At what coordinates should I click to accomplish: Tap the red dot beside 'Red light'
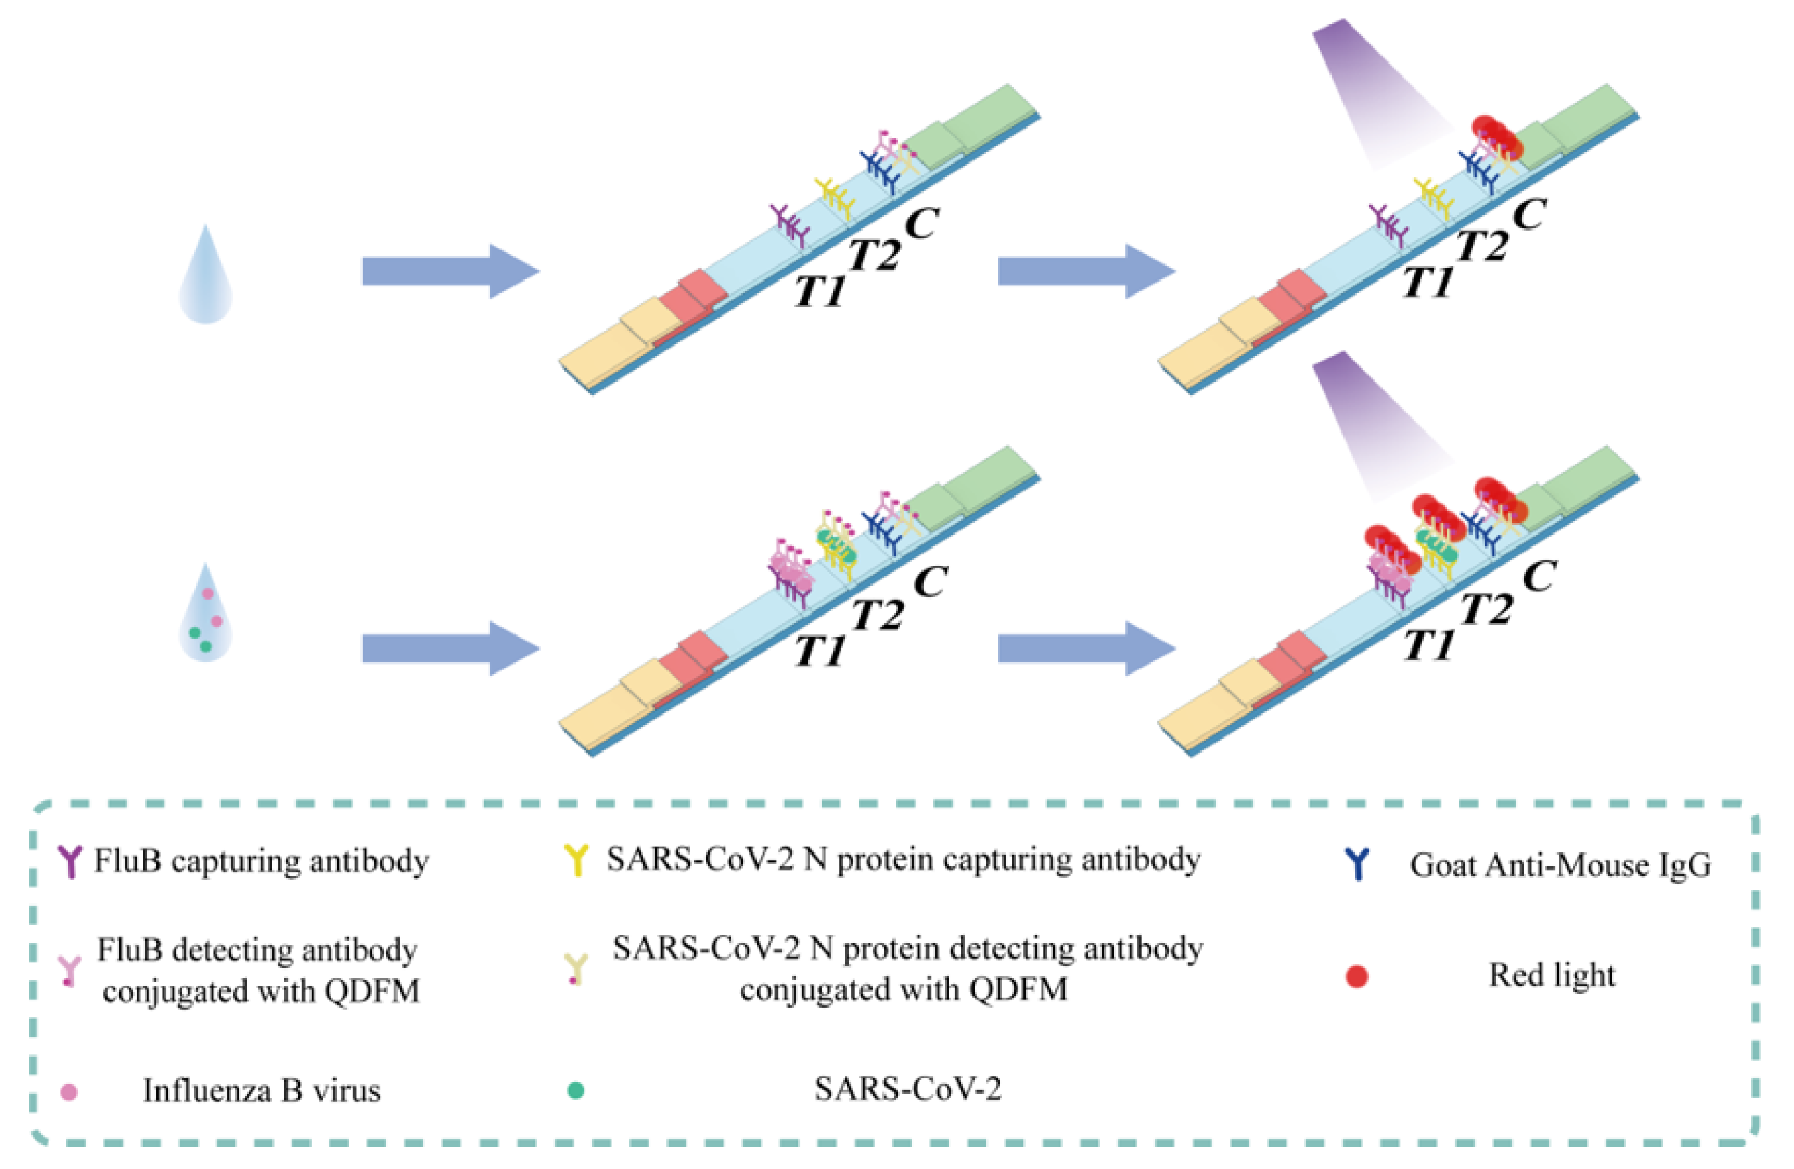pyautogui.click(x=1356, y=976)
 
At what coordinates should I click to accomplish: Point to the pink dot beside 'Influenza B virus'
pyautogui.click(x=68, y=1091)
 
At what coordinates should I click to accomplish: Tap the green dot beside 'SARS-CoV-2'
pyautogui.click(x=576, y=1090)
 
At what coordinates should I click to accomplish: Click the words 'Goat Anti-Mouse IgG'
pyautogui.click(x=1561, y=865)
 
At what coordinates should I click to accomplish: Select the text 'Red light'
pyautogui.click(x=1552, y=975)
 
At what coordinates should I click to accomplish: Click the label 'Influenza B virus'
pyautogui.click(x=261, y=1091)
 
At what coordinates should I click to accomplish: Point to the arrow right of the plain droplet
pyautogui.click(x=451, y=271)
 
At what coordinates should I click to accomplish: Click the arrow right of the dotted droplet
pyautogui.click(x=451, y=648)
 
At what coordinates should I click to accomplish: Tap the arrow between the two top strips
pyautogui.click(x=1087, y=271)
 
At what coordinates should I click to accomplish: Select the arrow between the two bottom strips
pyautogui.click(x=1087, y=648)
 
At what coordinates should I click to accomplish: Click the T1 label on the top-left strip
pyautogui.click(x=819, y=289)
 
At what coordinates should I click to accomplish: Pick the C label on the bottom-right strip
pyautogui.click(x=1538, y=577)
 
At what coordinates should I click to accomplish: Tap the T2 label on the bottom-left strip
pyautogui.click(x=877, y=614)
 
